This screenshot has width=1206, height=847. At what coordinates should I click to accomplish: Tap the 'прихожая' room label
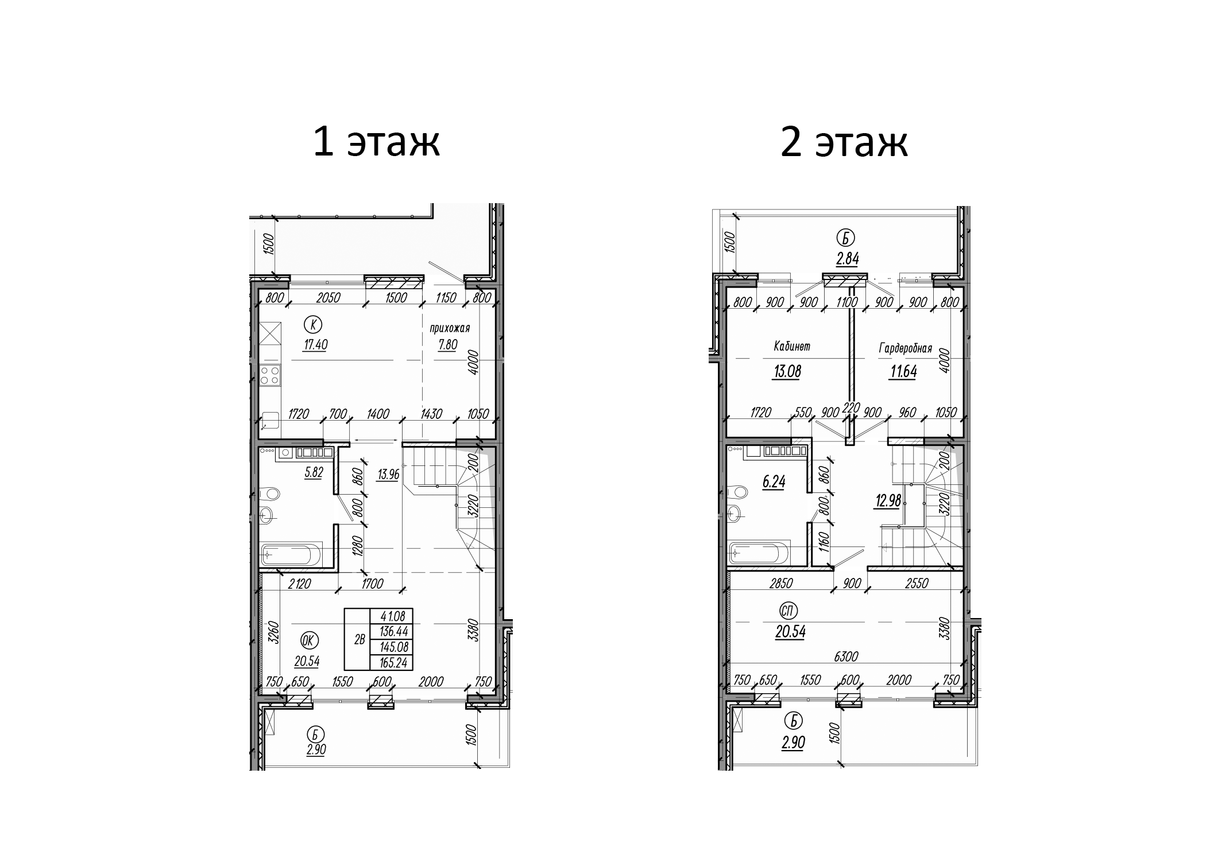450,328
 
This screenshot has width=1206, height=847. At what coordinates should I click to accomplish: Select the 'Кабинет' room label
792,347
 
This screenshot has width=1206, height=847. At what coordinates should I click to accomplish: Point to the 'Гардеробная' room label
905,348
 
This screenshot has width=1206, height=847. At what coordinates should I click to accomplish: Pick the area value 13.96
388,475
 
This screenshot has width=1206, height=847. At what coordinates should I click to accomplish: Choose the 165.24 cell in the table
393,663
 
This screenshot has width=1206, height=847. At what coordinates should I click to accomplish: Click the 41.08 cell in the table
393,616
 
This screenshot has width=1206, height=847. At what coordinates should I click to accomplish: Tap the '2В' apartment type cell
360,639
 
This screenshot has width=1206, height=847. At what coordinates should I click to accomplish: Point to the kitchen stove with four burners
269,375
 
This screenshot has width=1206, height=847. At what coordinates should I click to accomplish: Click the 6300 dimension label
847,656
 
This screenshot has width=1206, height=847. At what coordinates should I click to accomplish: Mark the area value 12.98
888,501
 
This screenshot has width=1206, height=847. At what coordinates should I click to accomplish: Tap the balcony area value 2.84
847,259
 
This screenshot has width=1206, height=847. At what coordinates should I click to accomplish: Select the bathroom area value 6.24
774,482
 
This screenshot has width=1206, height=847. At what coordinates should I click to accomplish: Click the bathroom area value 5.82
314,473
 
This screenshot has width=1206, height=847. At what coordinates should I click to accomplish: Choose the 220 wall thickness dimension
851,408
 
